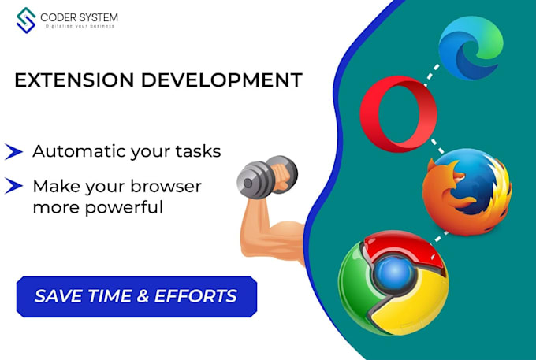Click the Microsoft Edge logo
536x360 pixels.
pyautogui.click(x=471, y=50)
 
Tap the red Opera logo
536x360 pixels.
pyautogui.click(x=399, y=115)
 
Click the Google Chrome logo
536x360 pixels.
pyautogui.click(x=393, y=282)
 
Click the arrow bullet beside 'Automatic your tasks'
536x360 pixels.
pyautogui.click(x=13, y=151)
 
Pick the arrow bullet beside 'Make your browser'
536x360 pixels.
pyautogui.click(x=13, y=187)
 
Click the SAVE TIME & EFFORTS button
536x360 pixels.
pyautogui.click(x=136, y=296)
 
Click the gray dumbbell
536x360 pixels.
pyautogui.click(x=268, y=175)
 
